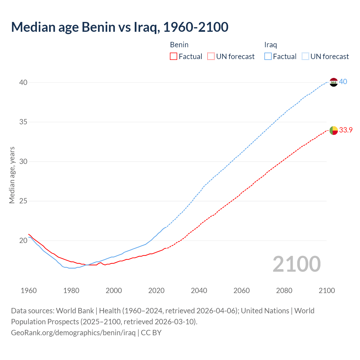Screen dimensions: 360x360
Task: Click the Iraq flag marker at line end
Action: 333,82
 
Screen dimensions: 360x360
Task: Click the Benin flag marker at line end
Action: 333,130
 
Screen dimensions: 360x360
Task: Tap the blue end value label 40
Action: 343,82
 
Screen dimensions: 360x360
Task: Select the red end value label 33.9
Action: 346,130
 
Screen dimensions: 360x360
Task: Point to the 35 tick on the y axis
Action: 23,122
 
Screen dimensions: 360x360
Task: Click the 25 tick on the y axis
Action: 23,201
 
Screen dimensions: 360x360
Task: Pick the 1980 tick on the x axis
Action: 71,291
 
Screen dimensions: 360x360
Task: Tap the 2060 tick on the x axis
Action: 242,291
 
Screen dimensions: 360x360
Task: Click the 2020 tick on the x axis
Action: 156,291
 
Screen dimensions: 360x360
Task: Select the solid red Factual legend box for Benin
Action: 174,57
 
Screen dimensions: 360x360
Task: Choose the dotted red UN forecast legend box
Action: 211,57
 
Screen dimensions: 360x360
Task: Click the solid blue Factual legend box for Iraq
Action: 268,57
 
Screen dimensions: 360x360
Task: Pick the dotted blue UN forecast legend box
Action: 305,57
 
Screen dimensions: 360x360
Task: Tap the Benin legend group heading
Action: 179,45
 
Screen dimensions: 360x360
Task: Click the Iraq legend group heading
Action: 271,45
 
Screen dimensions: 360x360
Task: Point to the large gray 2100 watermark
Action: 296,264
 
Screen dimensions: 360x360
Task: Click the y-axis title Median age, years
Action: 12,175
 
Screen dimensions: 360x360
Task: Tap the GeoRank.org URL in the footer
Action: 73,333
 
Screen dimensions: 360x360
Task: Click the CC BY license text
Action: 151,333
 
